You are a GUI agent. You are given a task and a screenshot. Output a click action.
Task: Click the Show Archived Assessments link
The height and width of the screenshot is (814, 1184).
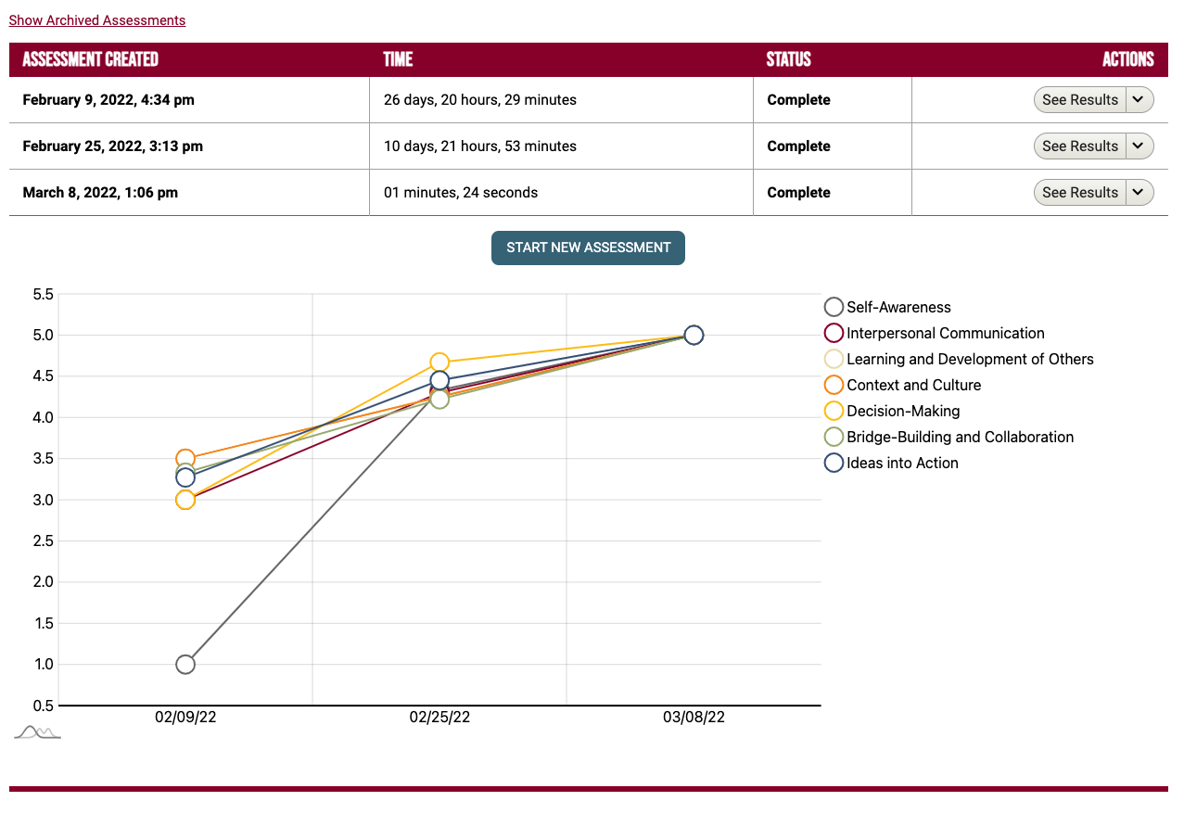pyautogui.click(x=96, y=20)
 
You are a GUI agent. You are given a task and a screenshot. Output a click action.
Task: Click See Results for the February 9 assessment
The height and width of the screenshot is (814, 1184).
pyautogui.click(x=1080, y=100)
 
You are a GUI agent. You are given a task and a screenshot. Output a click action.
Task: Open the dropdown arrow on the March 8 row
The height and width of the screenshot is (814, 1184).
pyautogui.click(x=1139, y=193)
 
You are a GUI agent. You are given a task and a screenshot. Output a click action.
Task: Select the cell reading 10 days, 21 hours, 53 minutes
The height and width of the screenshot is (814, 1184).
pyautogui.click(x=479, y=146)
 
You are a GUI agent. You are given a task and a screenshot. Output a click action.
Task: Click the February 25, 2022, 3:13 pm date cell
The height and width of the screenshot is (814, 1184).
pyautogui.click(x=112, y=146)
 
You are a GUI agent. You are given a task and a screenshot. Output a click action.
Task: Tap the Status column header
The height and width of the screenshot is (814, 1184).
pyautogui.click(x=788, y=59)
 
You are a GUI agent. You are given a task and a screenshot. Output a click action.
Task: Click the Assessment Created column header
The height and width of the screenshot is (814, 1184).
pyautogui.click(x=90, y=59)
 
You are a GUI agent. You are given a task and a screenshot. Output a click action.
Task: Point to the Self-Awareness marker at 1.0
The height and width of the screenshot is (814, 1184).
pyautogui.click(x=185, y=664)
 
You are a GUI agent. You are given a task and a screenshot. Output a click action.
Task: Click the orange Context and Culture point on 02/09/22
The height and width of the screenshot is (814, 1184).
pyautogui.click(x=185, y=459)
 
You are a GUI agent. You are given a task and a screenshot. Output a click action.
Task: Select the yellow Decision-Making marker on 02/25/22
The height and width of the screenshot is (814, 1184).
pyautogui.click(x=439, y=362)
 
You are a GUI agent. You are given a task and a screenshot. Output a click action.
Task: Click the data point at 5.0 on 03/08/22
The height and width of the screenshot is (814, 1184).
pyautogui.click(x=694, y=335)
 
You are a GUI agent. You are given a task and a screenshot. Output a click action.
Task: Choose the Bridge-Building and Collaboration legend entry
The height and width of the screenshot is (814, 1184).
pyautogui.click(x=960, y=437)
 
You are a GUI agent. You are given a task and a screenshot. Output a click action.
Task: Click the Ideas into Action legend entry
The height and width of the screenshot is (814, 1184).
pyautogui.click(x=902, y=463)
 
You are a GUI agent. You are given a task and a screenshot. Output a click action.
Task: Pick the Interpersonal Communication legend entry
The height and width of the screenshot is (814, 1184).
pyautogui.click(x=945, y=333)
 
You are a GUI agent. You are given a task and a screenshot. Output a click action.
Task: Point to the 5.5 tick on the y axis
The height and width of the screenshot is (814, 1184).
pyautogui.click(x=43, y=295)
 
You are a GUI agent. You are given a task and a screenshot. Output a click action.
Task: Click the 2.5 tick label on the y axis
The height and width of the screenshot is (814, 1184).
pyautogui.click(x=43, y=541)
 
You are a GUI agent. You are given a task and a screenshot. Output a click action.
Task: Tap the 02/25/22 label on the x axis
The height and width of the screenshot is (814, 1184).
pyautogui.click(x=439, y=718)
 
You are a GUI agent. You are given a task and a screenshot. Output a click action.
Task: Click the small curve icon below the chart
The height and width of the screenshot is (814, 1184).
pyautogui.click(x=37, y=732)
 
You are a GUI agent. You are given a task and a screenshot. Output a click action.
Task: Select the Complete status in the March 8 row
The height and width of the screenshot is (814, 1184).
pyautogui.click(x=798, y=193)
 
